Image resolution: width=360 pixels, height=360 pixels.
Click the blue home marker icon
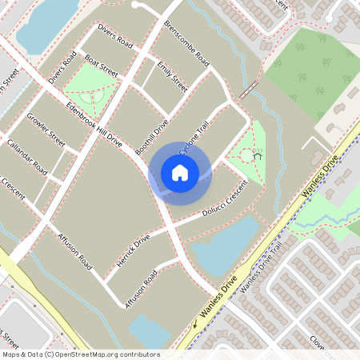(180, 173)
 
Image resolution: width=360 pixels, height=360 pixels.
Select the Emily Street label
(172, 76)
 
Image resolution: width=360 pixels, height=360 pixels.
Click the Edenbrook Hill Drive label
(94, 124)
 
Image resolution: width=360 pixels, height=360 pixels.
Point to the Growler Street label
(46, 130)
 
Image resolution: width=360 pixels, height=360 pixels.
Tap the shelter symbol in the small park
(258, 155)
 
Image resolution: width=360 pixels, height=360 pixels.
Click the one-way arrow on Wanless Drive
(194, 324)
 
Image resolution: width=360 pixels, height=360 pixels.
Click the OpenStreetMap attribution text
(80, 354)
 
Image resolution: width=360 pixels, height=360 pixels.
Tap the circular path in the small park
(249, 156)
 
